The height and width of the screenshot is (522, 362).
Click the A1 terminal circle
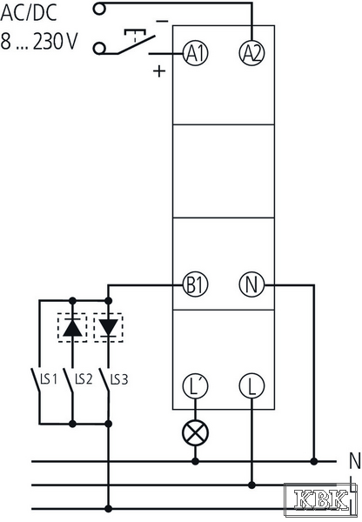pyautogui.click(x=196, y=53)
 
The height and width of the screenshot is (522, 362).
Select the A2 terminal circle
pyautogui.click(x=252, y=53)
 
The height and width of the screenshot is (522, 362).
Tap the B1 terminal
pyautogui.click(x=196, y=285)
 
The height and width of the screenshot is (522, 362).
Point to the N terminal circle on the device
pyautogui.click(x=251, y=285)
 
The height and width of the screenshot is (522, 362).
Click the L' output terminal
pyautogui.click(x=196, y=385)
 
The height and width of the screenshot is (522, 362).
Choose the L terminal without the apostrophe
pyautogui.click(x=251, y=385)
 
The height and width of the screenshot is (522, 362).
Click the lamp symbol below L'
pyautogui.click(x=196, y=432)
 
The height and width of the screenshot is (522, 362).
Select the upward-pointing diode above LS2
pyautogui.click(x=72, y=328)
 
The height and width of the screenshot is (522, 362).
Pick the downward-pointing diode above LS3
pyautogui.click(x=108, y=328)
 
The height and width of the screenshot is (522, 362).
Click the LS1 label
pyautogui.click(x=49, y=378)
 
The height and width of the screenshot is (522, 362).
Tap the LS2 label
pyautogui.click(x=84, y=378)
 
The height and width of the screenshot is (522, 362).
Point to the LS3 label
pyautogui.click(x=119, y=378)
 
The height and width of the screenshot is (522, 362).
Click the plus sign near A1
pyautogui.click(x=159, y=70)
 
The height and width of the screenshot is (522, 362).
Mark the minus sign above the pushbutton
pyautogui.click(x=162, y=22)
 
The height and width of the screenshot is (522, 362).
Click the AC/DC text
pyautogui.click(x=29, y=13)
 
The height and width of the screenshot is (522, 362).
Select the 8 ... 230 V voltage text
pyautogui.click(x=39, y=41)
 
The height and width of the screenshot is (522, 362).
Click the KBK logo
pyautogui.click(x=321, y=499)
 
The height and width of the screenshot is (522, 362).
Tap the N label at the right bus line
pyautogui.click(x=355, y=461)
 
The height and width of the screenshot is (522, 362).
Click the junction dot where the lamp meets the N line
pyautogui.click(x=196, y=461)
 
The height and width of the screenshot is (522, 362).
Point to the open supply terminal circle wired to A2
pyautogui.click(x=99, y=9)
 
